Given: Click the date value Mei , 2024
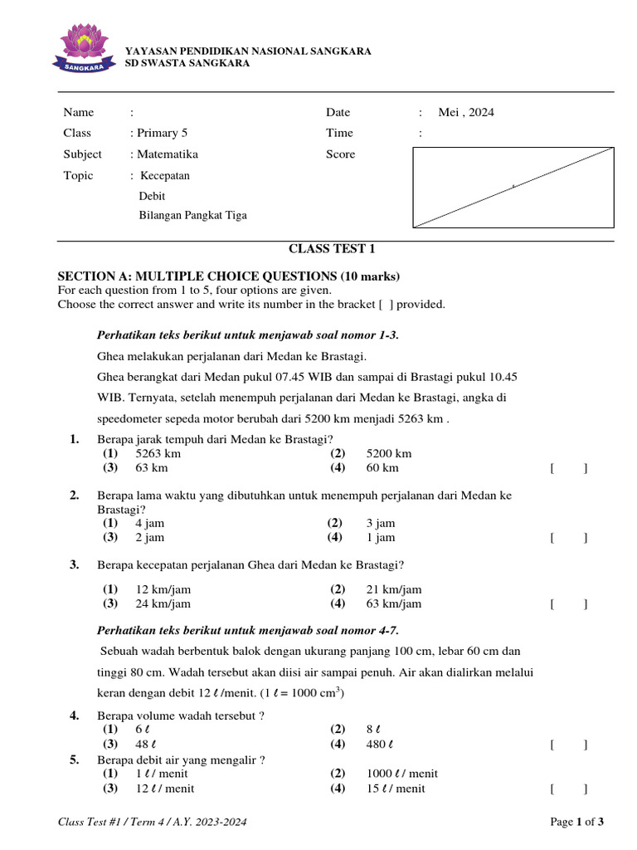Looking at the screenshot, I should tap(465, 113).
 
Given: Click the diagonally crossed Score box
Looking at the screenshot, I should tap(513, 187).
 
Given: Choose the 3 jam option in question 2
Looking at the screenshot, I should tap(380, 523).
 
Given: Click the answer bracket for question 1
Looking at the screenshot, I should tap(568, 469).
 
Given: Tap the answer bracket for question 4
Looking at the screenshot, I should tap(568, 745).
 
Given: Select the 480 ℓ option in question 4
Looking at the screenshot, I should tap(379, 745).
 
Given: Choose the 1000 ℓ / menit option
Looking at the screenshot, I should tap(401, 774).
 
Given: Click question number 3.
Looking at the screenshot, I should tap(75, 565).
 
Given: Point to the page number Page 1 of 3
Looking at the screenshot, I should tap(577, 823).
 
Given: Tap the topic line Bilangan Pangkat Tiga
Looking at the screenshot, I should tap(192, 216).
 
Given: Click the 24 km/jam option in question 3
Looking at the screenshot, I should tap(163, 604).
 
